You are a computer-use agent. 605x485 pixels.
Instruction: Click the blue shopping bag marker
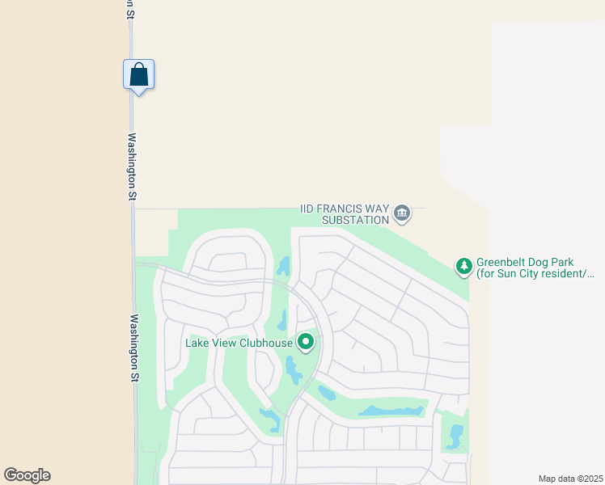(x=138, y=74)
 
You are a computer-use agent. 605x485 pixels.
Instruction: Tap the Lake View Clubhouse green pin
(x=306, y=343)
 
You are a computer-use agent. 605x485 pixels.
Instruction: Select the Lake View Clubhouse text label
(x=239, y=343)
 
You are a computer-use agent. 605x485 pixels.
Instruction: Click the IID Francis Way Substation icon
(x=402, y=214)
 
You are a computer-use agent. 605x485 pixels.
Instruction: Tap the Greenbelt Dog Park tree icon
(x=463, y=265)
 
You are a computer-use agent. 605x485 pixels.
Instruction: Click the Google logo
(x=27, y=475)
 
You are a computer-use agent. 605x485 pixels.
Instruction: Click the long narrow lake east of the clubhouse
(x=392, y=411)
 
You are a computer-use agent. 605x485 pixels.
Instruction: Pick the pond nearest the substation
(x=284, y=266)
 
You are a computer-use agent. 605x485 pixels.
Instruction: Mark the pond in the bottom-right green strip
(x=455, y=436)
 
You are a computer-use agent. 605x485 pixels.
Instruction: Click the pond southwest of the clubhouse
(x=270, y=418)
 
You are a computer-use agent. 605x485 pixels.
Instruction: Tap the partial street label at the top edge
(x=129, y=9)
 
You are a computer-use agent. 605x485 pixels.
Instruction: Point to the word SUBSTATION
(x=356, y=220)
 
